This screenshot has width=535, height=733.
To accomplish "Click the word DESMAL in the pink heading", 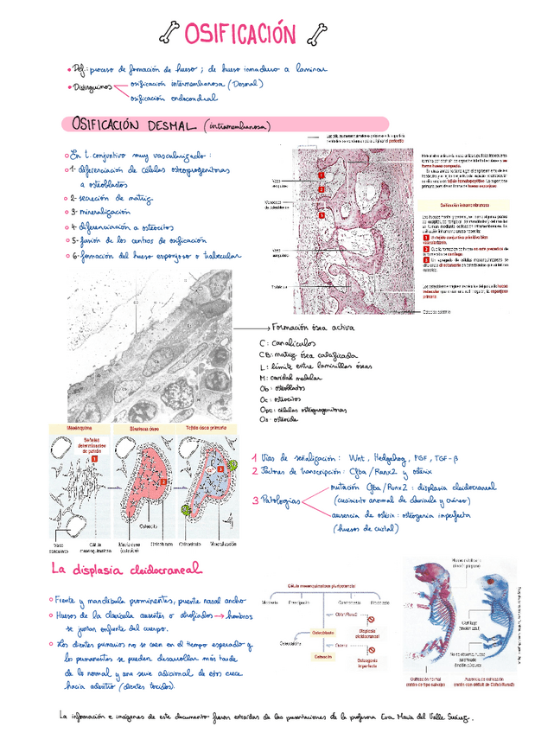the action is (x=172, y=126).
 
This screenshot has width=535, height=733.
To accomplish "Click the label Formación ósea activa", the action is (x=313, y=328).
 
